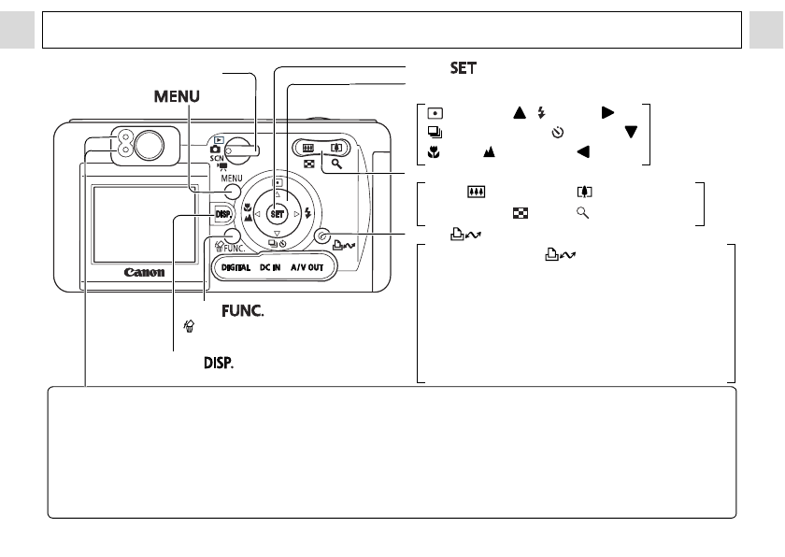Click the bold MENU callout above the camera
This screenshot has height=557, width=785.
tap(178, 97)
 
